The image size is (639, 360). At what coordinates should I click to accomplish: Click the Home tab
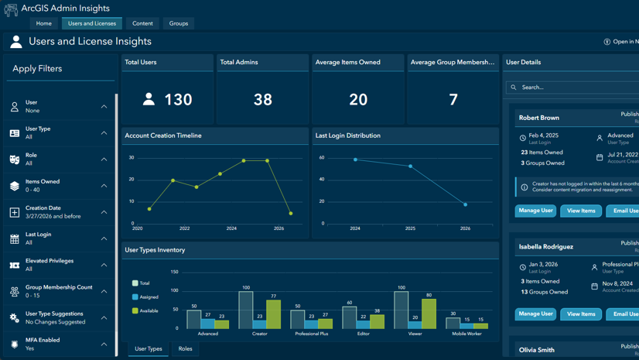(44, 23)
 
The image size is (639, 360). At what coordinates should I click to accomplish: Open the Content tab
(142, 23)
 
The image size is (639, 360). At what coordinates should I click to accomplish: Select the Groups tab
(179, 23)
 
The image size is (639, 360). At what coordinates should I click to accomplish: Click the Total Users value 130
(178, 99)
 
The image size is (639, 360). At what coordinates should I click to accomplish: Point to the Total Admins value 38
(263, 99)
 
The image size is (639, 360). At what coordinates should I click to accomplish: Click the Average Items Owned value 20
(358, 99)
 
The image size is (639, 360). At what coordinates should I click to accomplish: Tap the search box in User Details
(572, 87)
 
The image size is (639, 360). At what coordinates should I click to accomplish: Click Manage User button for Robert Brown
(535, 211)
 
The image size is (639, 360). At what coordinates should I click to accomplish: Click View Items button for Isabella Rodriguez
(581, 314)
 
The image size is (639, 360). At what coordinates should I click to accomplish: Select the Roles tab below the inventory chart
(186, 349)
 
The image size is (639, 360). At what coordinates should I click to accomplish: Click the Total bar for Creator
(246, 310)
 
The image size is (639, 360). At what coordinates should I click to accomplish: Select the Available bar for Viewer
(429, 314)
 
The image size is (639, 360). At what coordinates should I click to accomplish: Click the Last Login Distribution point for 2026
(465, 204)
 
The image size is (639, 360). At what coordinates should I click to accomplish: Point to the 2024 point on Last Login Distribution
(355, 159)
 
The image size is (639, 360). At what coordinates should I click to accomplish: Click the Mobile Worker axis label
(466, 334)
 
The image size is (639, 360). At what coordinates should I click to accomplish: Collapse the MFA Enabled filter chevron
(104, 345)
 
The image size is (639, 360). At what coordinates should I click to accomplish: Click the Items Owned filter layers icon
(15, 186)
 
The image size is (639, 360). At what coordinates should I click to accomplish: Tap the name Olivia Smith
(537, 350)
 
